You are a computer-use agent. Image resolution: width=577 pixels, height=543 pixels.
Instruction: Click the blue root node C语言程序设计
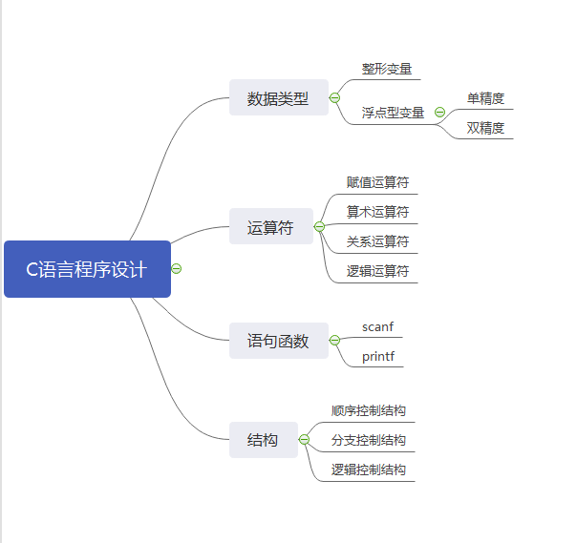tap(87, 269)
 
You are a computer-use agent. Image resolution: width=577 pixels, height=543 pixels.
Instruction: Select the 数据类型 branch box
tap(278, 97)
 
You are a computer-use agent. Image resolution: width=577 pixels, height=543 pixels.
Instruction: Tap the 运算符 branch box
tap(270, 227)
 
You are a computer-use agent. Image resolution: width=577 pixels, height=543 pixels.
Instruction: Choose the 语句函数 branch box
tap(278, 341)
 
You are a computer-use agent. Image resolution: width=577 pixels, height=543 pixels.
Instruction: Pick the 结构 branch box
tap(263, 440)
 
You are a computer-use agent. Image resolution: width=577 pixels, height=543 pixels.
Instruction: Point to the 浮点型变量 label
tap(393, 113)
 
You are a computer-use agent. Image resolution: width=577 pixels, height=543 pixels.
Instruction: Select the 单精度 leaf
tap(485, 98)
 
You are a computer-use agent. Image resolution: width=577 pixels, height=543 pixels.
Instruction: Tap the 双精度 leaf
tap(485, 128)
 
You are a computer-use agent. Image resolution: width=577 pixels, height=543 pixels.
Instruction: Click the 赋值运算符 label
tap(377, 182)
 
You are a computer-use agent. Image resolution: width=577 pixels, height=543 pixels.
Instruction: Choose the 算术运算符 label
tap(377, 212)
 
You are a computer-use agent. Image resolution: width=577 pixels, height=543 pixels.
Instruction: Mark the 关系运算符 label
tap(377, 241)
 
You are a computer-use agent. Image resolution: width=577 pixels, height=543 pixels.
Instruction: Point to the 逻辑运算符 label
tap(377, 271)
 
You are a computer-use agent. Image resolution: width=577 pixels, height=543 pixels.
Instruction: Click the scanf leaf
tap(377, 327)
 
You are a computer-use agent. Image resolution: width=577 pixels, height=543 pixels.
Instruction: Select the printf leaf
tap(377, 357)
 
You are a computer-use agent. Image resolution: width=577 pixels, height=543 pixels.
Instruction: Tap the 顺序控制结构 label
tap(369, 411)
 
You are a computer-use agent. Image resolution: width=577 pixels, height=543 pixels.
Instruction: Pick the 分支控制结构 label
tap(369, 440)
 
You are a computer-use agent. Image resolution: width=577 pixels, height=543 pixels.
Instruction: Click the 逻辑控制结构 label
tap(369, 470)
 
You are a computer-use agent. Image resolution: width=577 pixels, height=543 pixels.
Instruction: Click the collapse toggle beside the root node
tap(177, 268)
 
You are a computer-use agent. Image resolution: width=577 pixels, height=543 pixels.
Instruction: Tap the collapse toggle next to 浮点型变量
tap(439, 113)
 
